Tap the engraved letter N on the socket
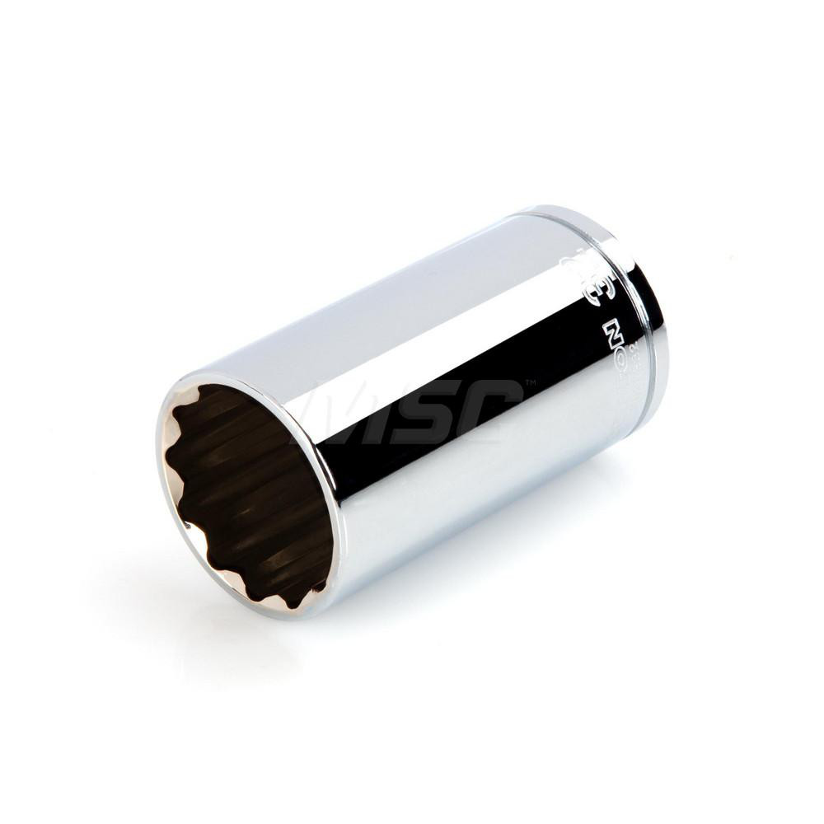click(x=611, y=333)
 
